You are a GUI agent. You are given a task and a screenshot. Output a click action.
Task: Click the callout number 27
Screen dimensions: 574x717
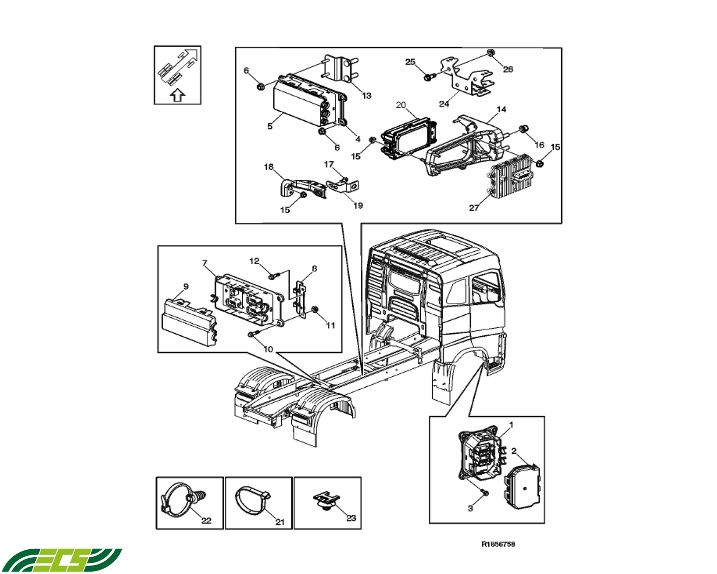click(x=473, y=208)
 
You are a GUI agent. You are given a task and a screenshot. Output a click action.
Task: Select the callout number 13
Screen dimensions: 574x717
click(x=366, y=95)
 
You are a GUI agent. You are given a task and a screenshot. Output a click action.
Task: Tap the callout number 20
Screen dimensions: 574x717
click(x=401, y=105)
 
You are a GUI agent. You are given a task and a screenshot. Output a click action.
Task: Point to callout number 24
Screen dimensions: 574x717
click(x=444, y=104)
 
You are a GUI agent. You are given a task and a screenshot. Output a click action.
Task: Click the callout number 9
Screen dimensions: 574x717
click(x=186, y=287)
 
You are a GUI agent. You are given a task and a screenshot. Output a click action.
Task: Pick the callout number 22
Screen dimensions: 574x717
click(x=206, y=520)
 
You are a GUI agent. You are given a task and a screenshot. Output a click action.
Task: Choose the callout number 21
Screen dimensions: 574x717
click(x=280, y=522)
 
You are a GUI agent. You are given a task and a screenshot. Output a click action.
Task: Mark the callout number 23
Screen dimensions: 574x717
click(x=351, y=518)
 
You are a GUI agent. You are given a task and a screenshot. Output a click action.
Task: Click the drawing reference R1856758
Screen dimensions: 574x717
click(x=498, y=544)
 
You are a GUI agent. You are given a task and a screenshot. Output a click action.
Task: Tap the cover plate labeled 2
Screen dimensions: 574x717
click(x=522, y=487)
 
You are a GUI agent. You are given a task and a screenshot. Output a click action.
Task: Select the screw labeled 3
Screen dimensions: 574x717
click(x=485, y=493)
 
